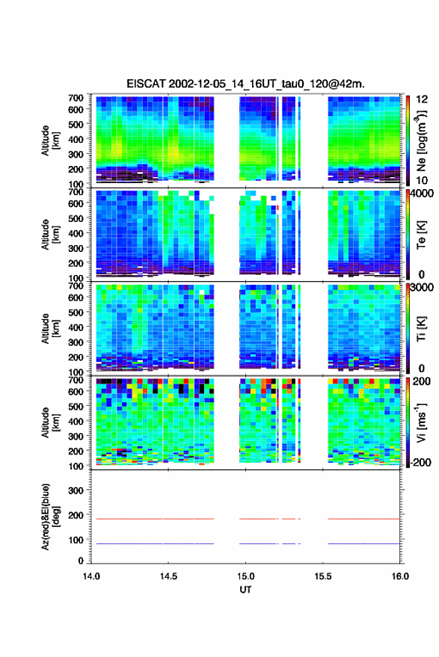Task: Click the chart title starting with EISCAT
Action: [245, 84]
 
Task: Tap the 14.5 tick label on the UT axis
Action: [168, 576]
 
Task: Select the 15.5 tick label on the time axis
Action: [323, 576]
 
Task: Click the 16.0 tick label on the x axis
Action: [400, 576]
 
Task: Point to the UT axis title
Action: [245, 590]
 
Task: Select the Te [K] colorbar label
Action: [421, 235]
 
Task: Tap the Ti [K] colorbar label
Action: [421, 329]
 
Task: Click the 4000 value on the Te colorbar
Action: [423, 194]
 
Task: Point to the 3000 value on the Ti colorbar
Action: [423, 288]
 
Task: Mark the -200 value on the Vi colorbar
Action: [420, 463]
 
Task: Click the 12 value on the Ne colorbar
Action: [423, 99]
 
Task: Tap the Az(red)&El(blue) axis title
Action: [50, 516]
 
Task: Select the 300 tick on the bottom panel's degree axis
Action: [76, 490]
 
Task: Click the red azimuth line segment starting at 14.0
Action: [155, 519]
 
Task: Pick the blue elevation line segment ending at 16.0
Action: [364, 543]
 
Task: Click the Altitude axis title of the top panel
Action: [50, 141]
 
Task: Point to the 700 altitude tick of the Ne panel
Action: [76, 98]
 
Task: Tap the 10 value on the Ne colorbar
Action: [423, 181]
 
